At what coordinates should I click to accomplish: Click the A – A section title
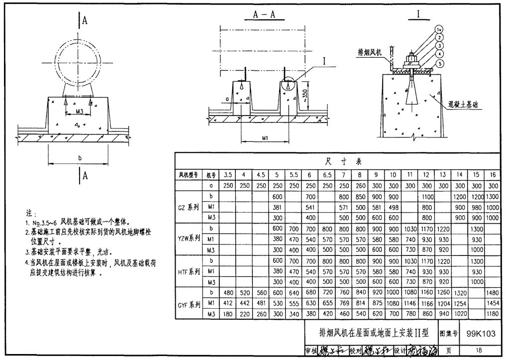click(x=265, y=15)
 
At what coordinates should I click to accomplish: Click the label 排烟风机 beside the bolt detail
click(x=370, y=52)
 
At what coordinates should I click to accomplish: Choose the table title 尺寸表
click(x=342, y=162)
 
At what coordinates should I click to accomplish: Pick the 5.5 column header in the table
click(x=293, y=175)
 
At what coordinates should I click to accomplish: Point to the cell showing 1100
click(x=426, y=197)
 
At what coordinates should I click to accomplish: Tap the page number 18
click(x=478, y=350)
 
